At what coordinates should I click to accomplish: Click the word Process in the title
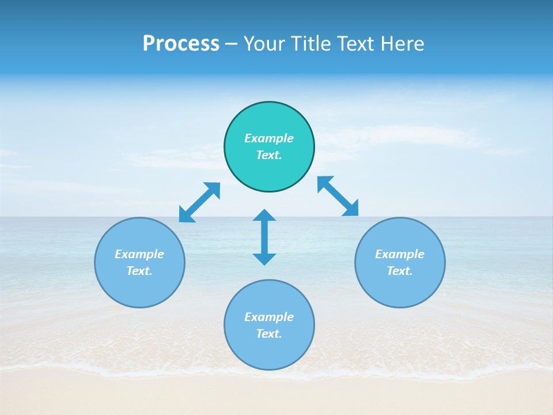click(181, 44)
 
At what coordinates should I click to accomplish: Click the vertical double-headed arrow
click(264, 237)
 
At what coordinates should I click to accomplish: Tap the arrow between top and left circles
click(199, 202)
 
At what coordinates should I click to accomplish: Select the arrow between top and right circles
click(338, 196)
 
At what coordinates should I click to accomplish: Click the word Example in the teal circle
click(269, 138)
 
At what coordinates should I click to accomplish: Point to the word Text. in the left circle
click(139, 271)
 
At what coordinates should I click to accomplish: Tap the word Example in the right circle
click(400, 254)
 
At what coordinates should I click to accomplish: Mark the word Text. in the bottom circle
click(269, 334)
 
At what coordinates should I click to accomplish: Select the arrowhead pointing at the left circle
click(185, 216)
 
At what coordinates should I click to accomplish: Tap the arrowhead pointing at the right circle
click(351, 208)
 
